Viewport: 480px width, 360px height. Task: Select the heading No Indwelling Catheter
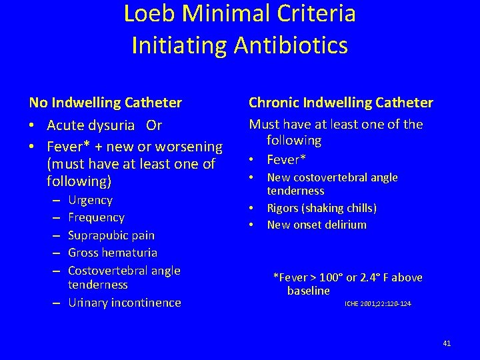[105, 103]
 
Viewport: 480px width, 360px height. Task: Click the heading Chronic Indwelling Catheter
[341, 103]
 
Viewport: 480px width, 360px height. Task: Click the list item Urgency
[90, 200]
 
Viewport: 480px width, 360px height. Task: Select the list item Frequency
[96, 217]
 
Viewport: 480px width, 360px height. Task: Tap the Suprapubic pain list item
[111, 235]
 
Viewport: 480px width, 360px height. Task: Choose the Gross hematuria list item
[113, 253]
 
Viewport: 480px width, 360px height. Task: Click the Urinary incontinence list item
[124, 303]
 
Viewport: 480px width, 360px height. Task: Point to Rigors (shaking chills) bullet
[321, 208]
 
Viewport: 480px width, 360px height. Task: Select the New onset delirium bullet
[317, 225]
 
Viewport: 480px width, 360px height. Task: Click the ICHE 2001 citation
[377, 304]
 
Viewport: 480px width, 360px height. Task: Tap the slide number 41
[447, 343]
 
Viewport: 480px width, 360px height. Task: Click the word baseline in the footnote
[308, 291]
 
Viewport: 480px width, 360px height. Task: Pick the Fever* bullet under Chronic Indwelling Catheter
[285, 159]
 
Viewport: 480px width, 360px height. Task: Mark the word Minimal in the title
[223, 13]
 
